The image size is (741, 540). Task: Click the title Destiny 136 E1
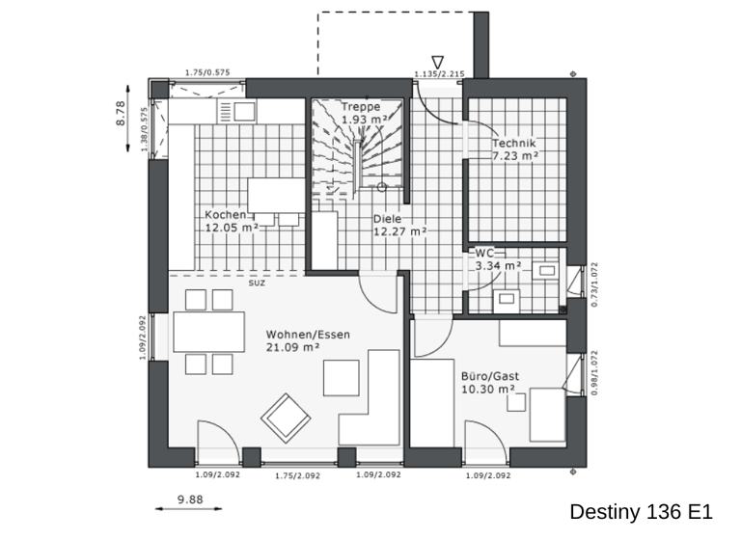(641, 511)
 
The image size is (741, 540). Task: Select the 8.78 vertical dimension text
(122, 114)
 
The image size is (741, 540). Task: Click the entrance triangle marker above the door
(437, 62)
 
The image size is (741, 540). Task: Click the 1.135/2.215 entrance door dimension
(440, 74)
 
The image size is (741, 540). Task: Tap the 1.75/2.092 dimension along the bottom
(298, 475)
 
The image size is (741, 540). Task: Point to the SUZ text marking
(257, 283)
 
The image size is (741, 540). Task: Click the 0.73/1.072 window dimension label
(594, 284)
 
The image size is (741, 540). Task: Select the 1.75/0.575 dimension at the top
(206, 72)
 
